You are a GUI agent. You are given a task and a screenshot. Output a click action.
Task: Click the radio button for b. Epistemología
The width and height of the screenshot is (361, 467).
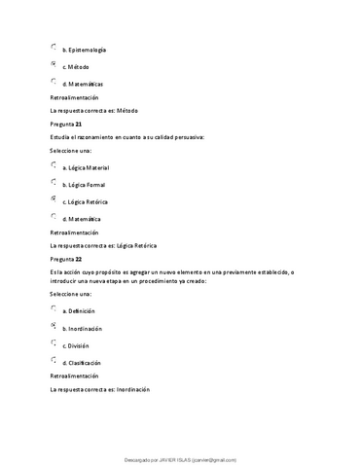53,47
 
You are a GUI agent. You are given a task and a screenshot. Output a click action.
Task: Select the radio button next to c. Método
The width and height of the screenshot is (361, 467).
53,64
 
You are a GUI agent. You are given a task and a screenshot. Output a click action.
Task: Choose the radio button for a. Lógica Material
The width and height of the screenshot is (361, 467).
53,165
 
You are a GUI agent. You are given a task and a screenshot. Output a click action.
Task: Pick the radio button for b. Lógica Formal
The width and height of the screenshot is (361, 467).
53,182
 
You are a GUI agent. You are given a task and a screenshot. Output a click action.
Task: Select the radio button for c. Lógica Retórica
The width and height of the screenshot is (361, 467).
53,199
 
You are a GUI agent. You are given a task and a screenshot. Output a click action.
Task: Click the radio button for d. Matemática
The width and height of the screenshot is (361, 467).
53,217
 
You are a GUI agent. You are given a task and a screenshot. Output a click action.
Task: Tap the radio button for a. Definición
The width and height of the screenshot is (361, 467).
53,309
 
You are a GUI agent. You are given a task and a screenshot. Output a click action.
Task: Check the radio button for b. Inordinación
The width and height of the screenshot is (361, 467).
53,327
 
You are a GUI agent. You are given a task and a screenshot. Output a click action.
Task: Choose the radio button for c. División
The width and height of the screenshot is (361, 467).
53,343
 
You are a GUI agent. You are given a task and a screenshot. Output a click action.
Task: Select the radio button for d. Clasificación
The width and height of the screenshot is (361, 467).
53,361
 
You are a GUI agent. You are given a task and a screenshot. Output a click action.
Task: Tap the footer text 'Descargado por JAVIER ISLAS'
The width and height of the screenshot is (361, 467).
180,459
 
